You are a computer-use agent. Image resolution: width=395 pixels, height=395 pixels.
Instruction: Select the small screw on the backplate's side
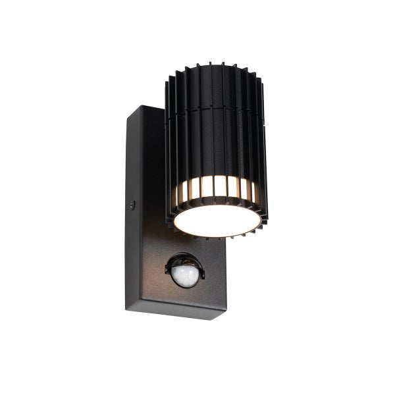coord(132,205)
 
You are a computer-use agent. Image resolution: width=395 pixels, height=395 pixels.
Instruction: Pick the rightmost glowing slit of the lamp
coord(257,191)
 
